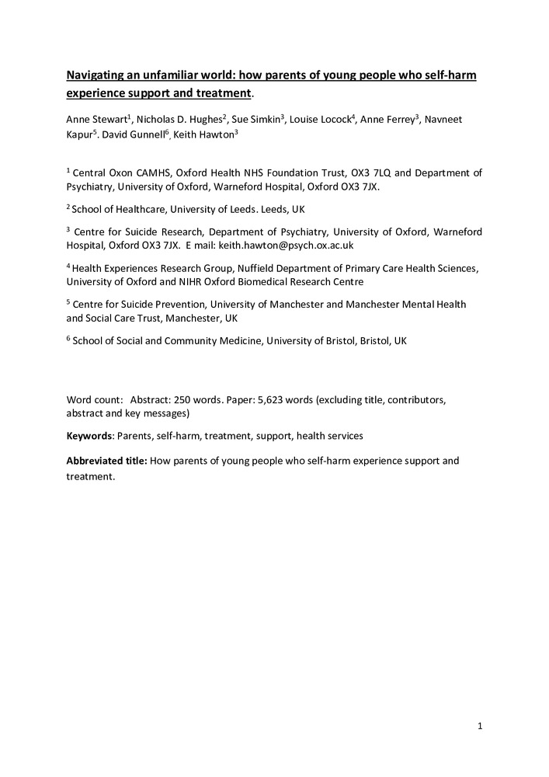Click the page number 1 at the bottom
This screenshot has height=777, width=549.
click(481, 726)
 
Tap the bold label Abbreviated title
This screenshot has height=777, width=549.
click(106, 461)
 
